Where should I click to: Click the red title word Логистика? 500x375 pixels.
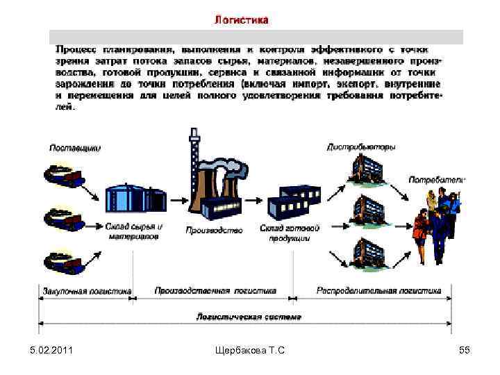(x=240, y=20)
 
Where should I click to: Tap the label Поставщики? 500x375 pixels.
(x=75, y=147)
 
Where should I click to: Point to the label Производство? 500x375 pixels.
(x=215, y=230)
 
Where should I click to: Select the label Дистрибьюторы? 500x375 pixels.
(x=360, y=147)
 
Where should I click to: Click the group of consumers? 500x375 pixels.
(x=436, y=222)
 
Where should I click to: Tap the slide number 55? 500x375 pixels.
(x=465, y=351)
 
